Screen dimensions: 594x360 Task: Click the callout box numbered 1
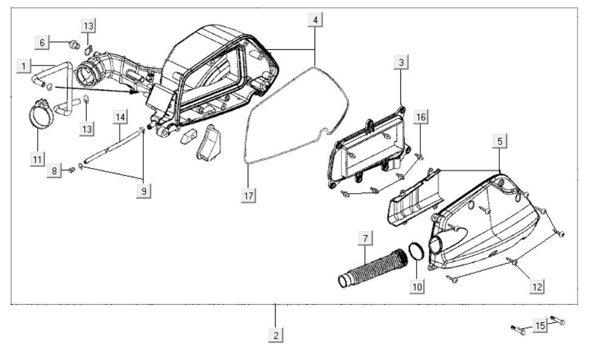tap(24, 67)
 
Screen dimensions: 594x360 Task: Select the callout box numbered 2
tap(276, 335)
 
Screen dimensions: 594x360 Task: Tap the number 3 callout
tap(401, 62)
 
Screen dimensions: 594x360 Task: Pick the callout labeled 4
tap(315, 19)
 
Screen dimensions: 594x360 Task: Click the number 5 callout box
tap(500, 141)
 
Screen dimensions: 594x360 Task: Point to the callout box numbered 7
tap(365, 239)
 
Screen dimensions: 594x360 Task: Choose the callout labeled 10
tap(417, 287)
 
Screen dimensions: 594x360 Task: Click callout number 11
tap(37, 160)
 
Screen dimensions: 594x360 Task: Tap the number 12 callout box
tap(537, 287)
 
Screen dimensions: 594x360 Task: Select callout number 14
tap(120, 117)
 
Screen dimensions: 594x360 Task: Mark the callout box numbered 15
tap(540, 325)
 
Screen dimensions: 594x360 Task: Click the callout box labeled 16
tap(421, 117)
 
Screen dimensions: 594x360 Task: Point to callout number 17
tap(248, 195)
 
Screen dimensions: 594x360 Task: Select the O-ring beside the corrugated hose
tap(416, 252)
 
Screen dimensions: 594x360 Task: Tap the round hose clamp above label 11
tap(42, 114)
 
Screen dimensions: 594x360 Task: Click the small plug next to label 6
tap(74, 45)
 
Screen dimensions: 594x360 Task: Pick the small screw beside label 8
tap(71, 170)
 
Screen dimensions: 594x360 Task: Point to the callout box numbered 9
tap(143, 191)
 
